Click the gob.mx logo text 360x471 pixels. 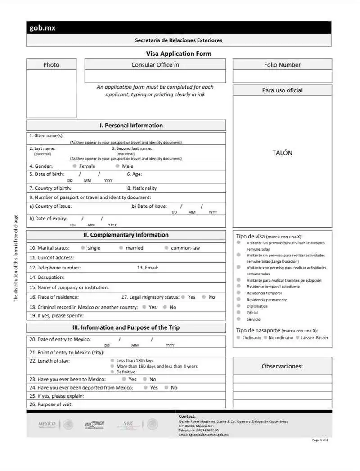click(42, 28)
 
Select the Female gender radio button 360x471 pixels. click(75, 166)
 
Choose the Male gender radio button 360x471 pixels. click(117, 166)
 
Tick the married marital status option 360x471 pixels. click(121, 248)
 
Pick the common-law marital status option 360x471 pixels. click(166, 248)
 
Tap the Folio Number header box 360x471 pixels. click(282, 65)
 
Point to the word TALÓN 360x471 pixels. click(282, 153)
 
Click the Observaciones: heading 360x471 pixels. click(282, 366)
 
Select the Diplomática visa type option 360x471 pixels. click(238, 306)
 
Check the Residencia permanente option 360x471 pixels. click(238, 300)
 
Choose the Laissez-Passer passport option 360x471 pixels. click(298, 337)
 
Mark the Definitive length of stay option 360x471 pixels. click(112, 372)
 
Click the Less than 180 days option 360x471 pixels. click(112, 361)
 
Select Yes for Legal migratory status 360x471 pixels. click(183, 297)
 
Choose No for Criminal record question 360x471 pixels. click(165, 307)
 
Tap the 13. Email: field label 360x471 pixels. click(148, 268)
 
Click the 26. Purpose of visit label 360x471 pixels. click(50, 404)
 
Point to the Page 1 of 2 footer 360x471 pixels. click(320, 440)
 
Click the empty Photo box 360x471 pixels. click(51, 94)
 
